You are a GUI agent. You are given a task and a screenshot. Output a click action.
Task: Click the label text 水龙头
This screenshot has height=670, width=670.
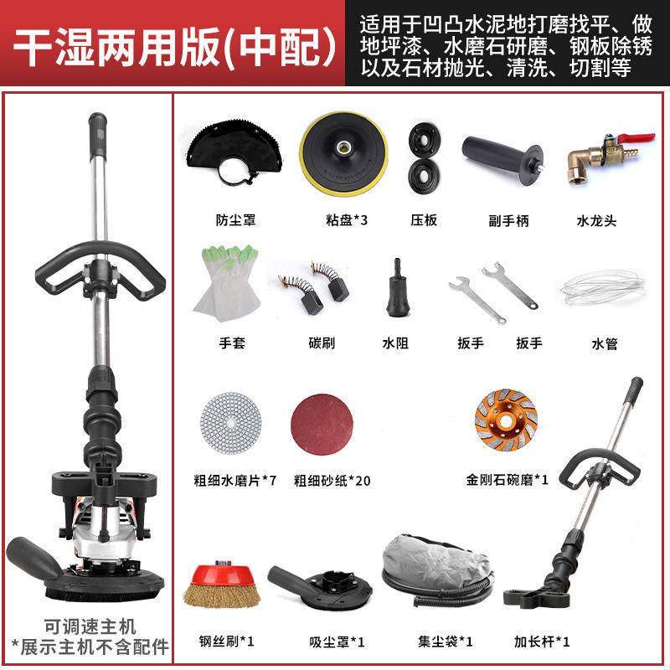point(598,221)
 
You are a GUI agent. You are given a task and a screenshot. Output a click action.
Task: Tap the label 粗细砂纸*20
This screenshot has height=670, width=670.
point(329,481)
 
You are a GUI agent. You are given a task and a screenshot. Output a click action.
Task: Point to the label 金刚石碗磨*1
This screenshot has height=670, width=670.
point(508,481)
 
